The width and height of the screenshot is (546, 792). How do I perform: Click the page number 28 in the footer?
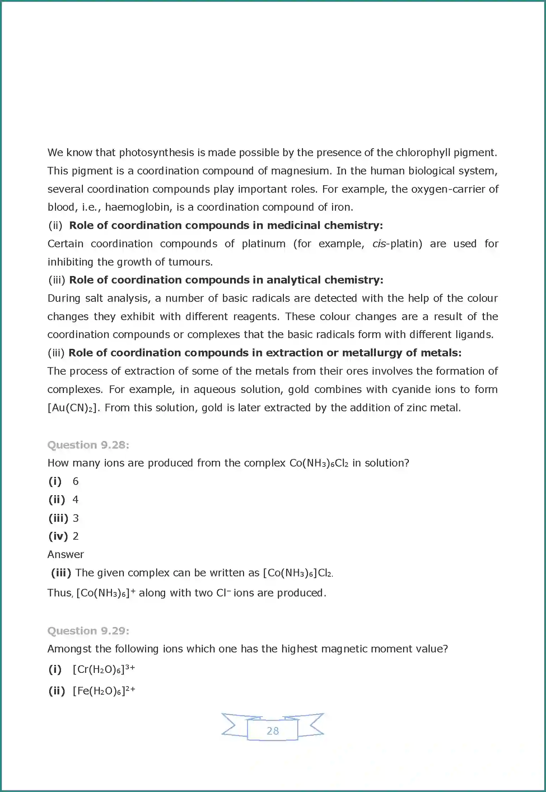click(x=273, y=731)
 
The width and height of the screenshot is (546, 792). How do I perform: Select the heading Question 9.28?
click(x=88, y=445)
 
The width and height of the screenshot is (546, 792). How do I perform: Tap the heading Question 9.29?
click(x=88, y=631)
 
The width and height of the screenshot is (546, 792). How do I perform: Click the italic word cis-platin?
click(x=397, y=244)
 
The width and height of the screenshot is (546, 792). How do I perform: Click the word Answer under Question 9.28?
click(x=66, y=554)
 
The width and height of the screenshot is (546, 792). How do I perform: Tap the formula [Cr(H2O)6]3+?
click(x=104, y=669)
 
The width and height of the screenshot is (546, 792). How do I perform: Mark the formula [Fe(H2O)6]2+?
click(x=104, y=691)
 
